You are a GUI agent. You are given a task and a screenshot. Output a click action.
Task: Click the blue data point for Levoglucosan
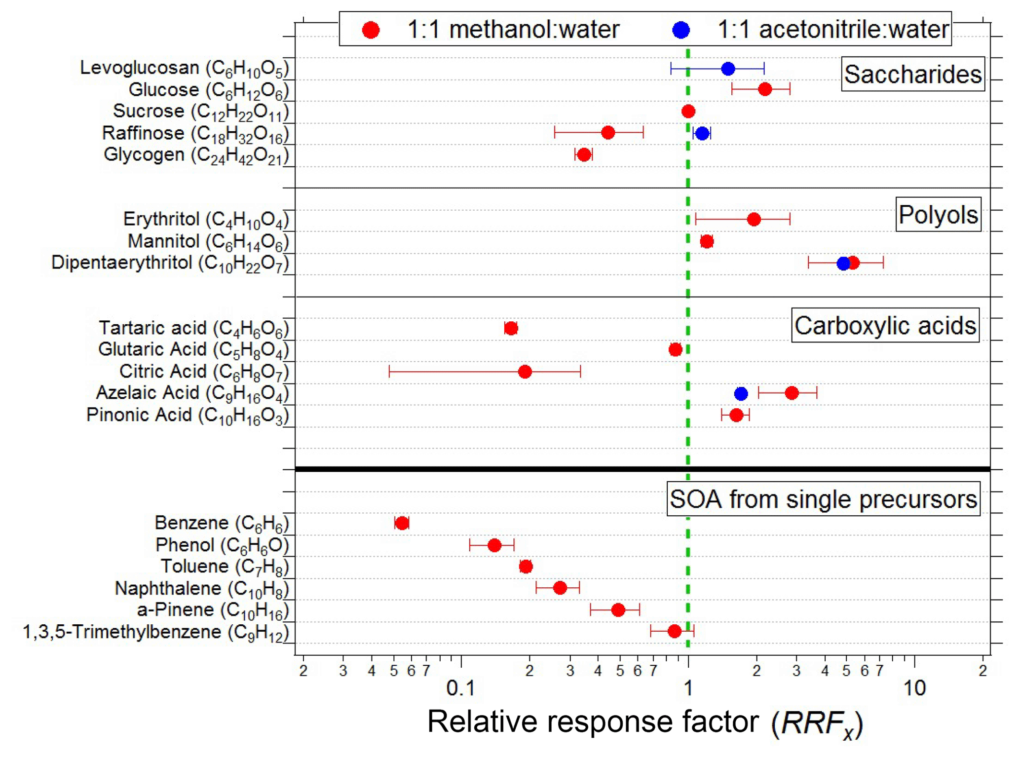728,69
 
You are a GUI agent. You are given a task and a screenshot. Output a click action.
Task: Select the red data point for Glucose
765,89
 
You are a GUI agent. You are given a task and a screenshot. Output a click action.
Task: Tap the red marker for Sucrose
688,111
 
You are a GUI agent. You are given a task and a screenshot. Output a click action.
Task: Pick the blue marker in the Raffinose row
702,133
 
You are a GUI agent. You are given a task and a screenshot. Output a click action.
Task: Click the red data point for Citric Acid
525,372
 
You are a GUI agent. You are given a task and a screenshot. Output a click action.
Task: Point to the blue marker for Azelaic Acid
741,393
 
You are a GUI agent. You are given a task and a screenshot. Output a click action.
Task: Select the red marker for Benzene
402,523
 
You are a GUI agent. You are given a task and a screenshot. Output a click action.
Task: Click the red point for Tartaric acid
511,328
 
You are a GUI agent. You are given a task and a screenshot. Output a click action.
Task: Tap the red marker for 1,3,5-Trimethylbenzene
675,631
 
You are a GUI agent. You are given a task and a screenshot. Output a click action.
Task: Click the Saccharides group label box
912,75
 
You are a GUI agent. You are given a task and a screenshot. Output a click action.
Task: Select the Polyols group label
938,215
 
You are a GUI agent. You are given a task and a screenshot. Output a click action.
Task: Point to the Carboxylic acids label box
885,326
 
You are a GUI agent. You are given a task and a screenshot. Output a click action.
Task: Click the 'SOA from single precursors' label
823,499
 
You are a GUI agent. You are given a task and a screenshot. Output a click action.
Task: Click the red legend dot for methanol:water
371,30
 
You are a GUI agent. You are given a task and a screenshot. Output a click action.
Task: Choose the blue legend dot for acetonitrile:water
681,30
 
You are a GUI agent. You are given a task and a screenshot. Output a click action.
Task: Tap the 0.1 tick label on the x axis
460,687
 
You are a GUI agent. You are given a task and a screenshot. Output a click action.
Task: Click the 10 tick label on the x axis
914,687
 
